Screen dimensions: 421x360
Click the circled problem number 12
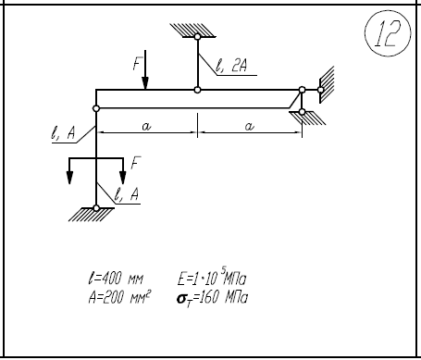coord(388,33)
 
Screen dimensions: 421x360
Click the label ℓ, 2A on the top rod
coord(231,65)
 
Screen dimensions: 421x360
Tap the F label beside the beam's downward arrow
coord(137,64)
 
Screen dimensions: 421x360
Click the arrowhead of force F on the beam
coord(145,83)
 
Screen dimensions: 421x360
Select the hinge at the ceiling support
coord(197,37)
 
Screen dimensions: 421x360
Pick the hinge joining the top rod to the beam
coord(197,90)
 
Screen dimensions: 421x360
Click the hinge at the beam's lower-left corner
coord(96,108)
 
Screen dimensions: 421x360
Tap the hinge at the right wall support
coord(320,90)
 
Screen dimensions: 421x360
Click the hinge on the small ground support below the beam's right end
coord(303,112)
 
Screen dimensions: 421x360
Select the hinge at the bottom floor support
coord(96,208)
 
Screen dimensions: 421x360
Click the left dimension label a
coord(146,126)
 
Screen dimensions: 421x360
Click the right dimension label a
coord(249,126)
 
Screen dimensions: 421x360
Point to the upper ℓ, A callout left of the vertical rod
coord(63,133)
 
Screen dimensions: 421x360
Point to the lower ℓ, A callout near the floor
coord(127,193)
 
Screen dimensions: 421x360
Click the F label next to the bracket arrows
coord(135,163)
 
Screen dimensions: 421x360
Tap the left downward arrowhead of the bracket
coord(69,178)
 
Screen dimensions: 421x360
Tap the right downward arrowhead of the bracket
coord(123,178)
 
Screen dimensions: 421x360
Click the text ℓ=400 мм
coord(116,278)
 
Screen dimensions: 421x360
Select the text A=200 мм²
coord(119,297)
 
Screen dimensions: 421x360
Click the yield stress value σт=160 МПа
coord(212,298)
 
